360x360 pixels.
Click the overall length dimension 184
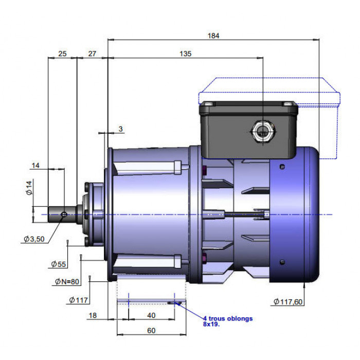point(213,36)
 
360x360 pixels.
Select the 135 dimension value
point(185,53)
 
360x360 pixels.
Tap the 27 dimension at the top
point(92,53)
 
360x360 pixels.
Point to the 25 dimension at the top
point(62,53)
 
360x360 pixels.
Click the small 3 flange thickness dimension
point(121,129)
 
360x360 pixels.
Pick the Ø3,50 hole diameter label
point(34,239)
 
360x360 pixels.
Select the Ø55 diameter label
point(59,264)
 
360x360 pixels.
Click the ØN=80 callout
point(67,282)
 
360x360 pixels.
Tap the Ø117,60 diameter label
point(288,302)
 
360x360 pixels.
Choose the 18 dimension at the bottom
point(93,315)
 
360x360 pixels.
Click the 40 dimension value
point(151,315)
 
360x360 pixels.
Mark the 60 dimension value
point(151,331)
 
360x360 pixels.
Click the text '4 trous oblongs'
point(228,319)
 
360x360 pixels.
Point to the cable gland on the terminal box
point(263,132)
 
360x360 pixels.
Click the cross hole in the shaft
point(64,214)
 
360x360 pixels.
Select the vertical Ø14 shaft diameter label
point(29,188)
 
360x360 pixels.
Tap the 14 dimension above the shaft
point(35,166)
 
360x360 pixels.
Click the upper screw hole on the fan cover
point(283,167)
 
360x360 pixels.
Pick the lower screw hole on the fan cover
point(283,262)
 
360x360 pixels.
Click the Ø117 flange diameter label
point(78,300)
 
